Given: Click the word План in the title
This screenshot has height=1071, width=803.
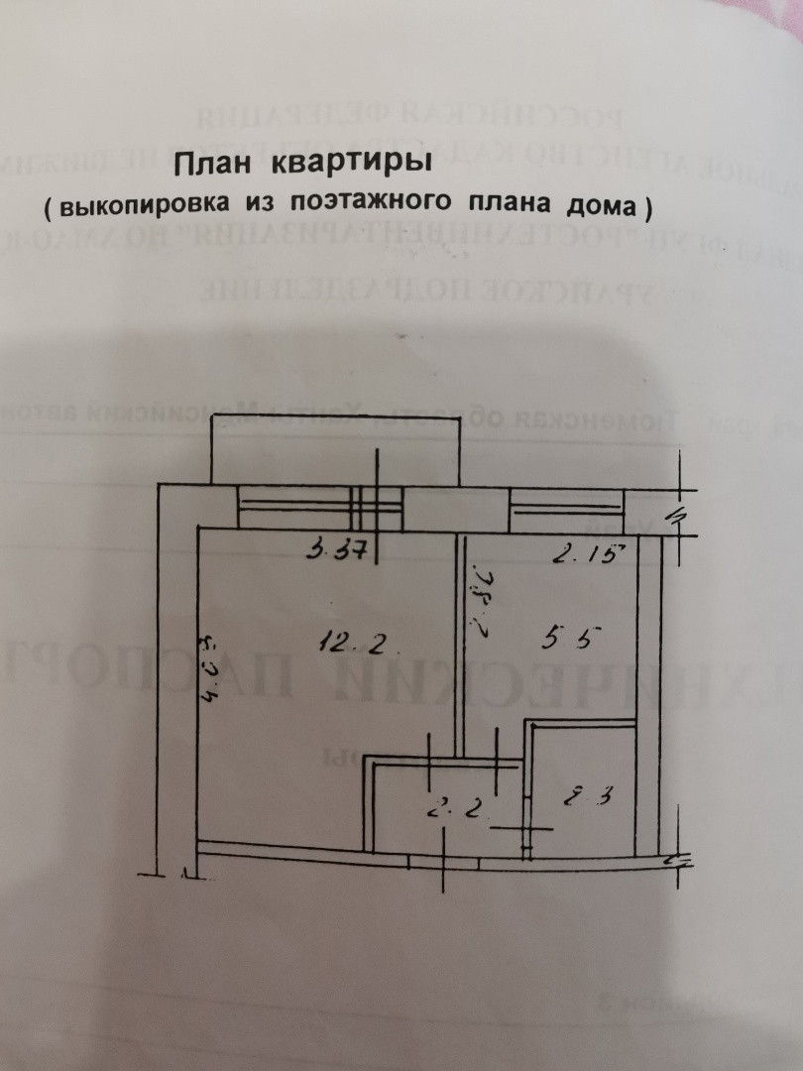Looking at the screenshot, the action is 209,164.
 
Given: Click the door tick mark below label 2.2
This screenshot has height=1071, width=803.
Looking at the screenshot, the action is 524,828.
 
